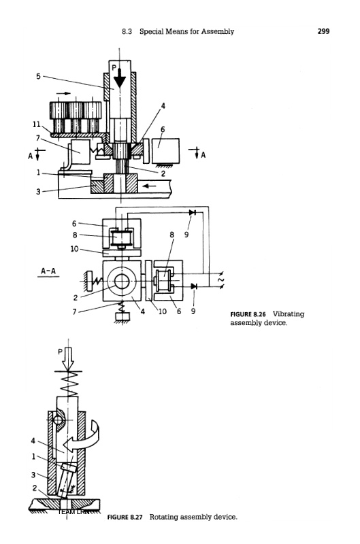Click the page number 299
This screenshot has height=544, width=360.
tap(323, 31)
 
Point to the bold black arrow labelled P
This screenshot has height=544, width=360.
tap(120, 78)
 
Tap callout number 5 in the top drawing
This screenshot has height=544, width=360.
tap(38, 76)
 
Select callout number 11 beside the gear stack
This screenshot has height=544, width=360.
tap(37, 124)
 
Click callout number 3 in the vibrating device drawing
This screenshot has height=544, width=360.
tap(38, 191)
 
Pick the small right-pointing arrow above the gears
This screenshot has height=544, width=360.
tap(63, 93)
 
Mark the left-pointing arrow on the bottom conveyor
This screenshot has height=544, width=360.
tap(150, 186)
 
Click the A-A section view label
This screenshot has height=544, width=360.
tap(48, 271)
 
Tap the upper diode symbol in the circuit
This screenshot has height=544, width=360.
tap(193, 212)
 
